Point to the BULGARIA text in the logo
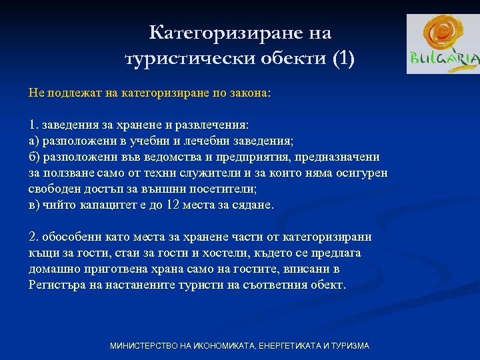pyautogui.click(x=443, y=59)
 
